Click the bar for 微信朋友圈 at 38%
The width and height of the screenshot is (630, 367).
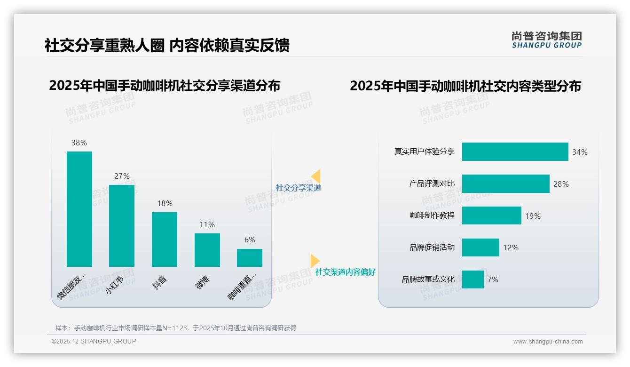point(79,209)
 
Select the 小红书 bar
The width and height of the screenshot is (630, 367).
point(122,226)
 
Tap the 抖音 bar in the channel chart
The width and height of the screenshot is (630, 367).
point(165,239)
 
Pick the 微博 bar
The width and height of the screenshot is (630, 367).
point(207,250)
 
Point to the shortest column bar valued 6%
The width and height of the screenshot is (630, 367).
point(250,258)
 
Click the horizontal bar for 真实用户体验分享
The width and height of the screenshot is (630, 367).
point(515,152)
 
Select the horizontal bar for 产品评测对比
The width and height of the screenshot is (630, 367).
point(505,184)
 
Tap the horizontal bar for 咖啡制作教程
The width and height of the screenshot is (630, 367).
point(491,215)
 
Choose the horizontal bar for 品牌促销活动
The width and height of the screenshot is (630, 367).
point(480,247)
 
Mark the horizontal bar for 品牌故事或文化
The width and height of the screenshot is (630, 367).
point(472,279)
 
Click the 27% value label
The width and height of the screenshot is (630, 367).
point(122,176)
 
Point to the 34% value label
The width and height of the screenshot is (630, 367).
point(580,152)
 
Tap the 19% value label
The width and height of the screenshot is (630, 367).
point(533,216)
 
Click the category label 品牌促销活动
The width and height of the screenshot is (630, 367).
point(432,247)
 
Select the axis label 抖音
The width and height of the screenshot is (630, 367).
point(160,282)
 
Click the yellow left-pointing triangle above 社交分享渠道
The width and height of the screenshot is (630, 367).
point(316,176)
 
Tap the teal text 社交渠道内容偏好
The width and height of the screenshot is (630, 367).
point(346,272)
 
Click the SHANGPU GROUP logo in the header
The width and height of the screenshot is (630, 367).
point(547,40)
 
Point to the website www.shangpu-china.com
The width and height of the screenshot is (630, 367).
point(548,342)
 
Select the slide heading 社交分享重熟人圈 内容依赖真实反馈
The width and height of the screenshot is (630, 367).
point(167,45)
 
